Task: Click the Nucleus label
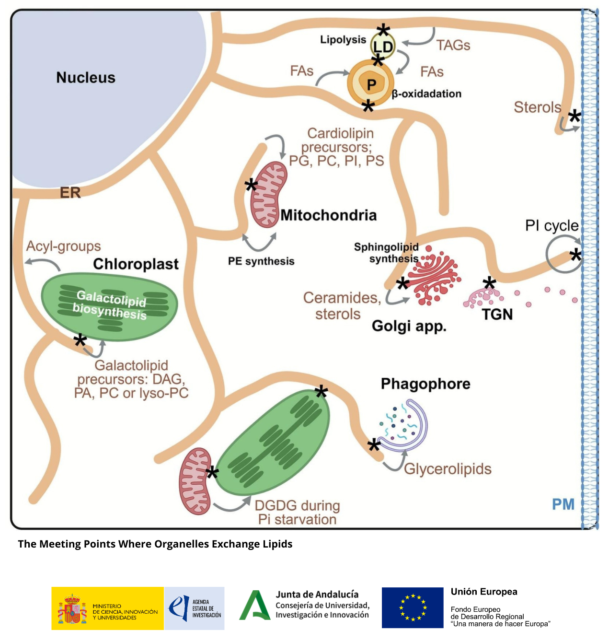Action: [86, 78]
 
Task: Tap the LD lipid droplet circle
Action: [383, 47]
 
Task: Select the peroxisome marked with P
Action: [371, 84]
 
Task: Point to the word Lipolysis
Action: [343, 40]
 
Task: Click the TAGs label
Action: [453, 46]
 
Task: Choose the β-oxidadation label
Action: [426, 94]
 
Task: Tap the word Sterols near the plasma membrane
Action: [537, 107]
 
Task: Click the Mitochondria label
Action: [328, 215]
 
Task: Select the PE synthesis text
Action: [261, 261]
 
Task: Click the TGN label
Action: [497, 315]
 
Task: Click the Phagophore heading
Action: [425, 384]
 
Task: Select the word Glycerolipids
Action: [448, 469]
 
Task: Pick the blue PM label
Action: [563, 504]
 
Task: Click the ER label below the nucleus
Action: [70, 193]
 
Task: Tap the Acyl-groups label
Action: [63, 246]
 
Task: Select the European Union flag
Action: [413, 607]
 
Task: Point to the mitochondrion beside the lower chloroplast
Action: [195, 481]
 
